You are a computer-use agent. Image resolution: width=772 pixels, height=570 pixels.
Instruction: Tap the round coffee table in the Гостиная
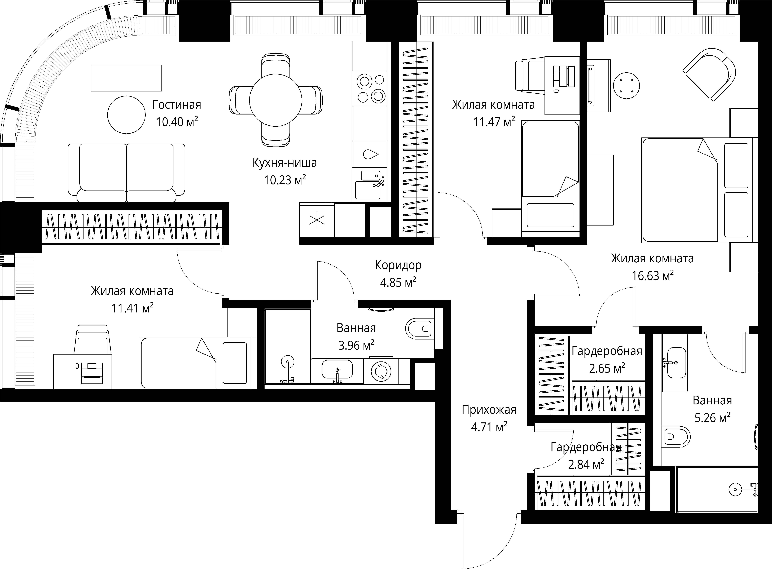click(126, 115)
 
